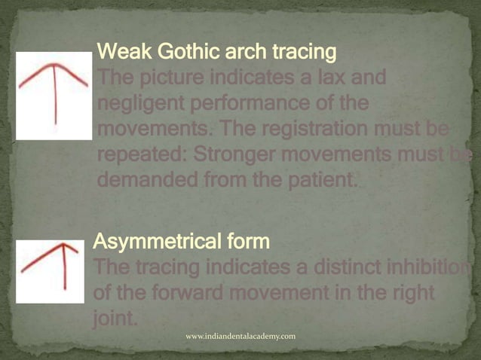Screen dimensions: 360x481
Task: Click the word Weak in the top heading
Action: (x=122, y=53)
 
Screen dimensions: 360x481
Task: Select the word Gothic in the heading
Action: (x=179, y=53)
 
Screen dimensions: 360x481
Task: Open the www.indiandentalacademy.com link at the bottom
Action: (x=240, y=335)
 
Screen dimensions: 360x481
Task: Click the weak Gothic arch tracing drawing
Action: (x=54, y=95)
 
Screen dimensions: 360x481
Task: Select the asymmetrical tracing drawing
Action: (x=50, y=271)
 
